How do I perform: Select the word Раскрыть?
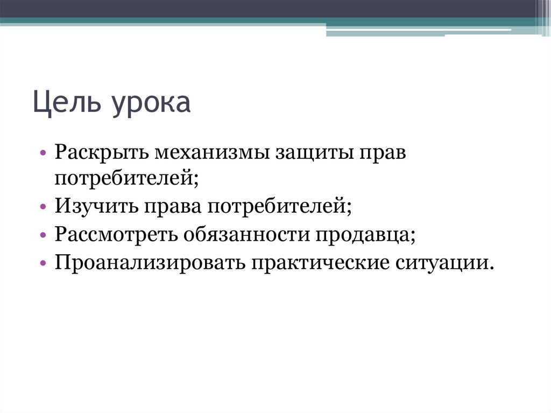pyautogui.click(x=101, y=152)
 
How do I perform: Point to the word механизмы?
pyautogui.click(x=211, y=152)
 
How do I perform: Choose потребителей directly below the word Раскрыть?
pyautogui.click(x=126, y=178)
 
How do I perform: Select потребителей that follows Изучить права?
pyautogui.click(x=278, y=205)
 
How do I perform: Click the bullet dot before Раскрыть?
pyautogui.click(x=43, y=153)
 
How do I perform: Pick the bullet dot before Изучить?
pyautogui.click(x=43, y=206)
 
